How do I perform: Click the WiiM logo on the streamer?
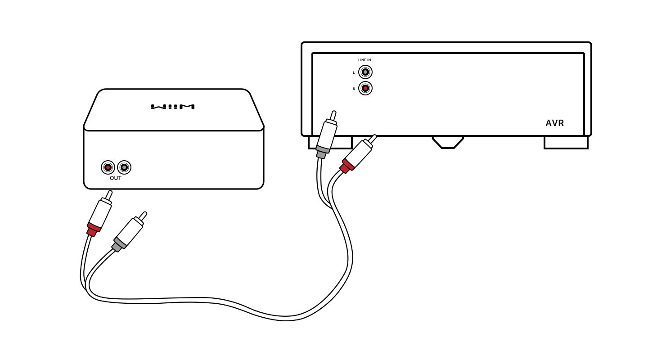click(x=173, y=107)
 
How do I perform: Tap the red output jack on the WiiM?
click(x=108, y=167)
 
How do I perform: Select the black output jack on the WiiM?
click(x=124, y=167)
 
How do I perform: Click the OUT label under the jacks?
click(x=116, y=178)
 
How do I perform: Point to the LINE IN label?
click(x=364, y=60)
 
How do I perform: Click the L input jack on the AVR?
click(x=365, y=72)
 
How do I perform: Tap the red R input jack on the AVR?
click(x=365, y=88)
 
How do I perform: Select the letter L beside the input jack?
click(x=354, y=72)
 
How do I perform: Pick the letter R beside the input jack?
click(x=354, y=89)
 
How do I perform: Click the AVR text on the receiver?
click(x=554, y=123)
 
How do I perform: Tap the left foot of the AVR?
click(x=330, y=142)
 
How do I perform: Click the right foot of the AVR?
click(x=566, y=142)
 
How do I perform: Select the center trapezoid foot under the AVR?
click(x=448, y=142)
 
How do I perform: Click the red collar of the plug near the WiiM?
click(x=94, y=228)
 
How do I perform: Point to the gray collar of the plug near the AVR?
click(x=322, y=150)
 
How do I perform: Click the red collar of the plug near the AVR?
click(x=347, y=166)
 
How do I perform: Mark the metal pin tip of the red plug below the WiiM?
click(x=109, y=194)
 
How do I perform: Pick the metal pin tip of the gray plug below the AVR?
click(x=333, y=115)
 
